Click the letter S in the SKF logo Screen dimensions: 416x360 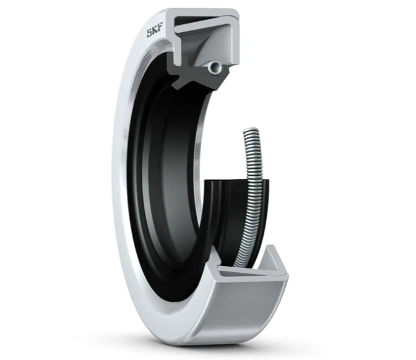pyautogui.click(x=150, y=33)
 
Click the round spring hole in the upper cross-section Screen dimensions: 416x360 pyautogui.click(x=214, y=67)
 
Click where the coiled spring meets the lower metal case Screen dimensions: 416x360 pyautogui.click(x=239, y=265)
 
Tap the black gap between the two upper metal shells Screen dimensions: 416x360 pyautogui.click(x=191, y=19)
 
